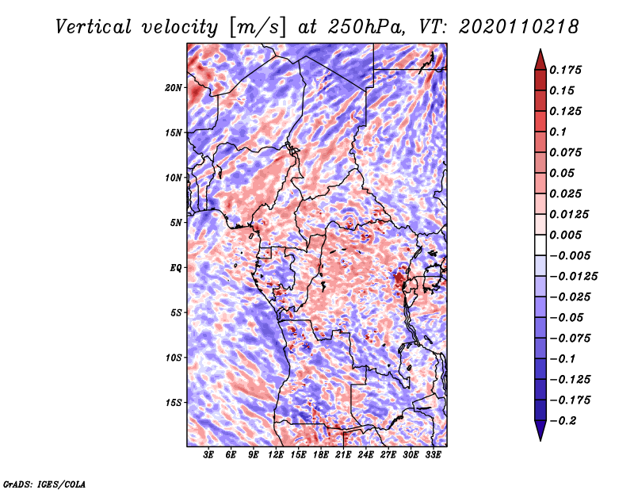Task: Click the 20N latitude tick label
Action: click(173, 88)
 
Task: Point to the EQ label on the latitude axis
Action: click(175, 268)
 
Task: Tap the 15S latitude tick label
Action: click(174, 403)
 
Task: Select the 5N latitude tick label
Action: click(176, 223)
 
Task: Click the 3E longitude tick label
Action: click(208, 454)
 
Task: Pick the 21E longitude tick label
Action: click(343, 454)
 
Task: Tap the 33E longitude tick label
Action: click(433, 454)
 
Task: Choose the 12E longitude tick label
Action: click(276, 454)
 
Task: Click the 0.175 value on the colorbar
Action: click(565, 70)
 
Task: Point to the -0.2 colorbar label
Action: click(563, 421)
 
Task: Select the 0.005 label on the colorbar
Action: click(565, 235)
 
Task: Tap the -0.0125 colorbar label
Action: click(573, 277)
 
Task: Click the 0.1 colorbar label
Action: click(558, 132)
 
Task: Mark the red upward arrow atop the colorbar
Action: click(540, 59)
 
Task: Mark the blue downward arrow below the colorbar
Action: click(540, 431)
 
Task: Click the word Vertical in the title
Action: click(94, 27)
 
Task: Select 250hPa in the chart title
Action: click(366, 27)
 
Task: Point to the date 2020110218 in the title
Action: click(519, 27)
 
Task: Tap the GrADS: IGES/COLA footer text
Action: click(44, 484)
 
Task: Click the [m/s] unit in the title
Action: click(258, 28)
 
